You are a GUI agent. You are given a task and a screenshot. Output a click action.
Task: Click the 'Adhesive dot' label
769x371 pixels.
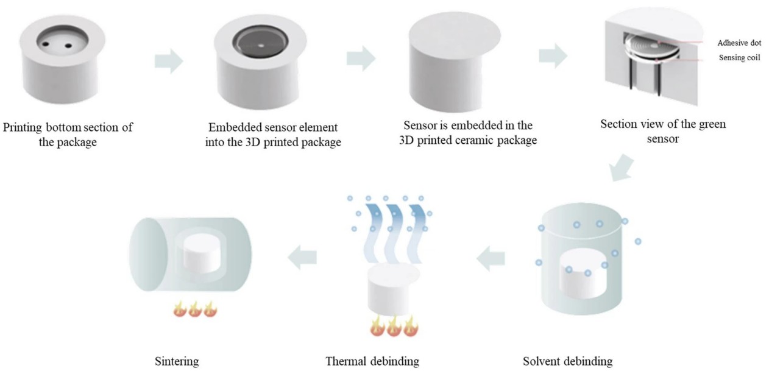[739, 43]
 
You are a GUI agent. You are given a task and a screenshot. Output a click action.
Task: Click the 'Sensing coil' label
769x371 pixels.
[739, 58]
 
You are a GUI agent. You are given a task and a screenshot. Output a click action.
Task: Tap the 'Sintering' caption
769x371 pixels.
[177, 361]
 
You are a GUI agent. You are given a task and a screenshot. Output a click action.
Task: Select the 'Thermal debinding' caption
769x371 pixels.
[372, 361]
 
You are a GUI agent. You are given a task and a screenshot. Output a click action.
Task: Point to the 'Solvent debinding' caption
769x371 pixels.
[568, 361]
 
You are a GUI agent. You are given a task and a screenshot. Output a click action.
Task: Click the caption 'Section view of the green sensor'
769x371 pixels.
[663, 131]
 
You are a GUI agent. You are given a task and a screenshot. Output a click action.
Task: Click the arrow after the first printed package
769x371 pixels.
[169, 61]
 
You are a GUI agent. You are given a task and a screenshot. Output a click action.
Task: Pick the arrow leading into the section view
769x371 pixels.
[553, 56]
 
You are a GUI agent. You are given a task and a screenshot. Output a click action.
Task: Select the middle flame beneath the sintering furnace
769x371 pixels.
[195, 309]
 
